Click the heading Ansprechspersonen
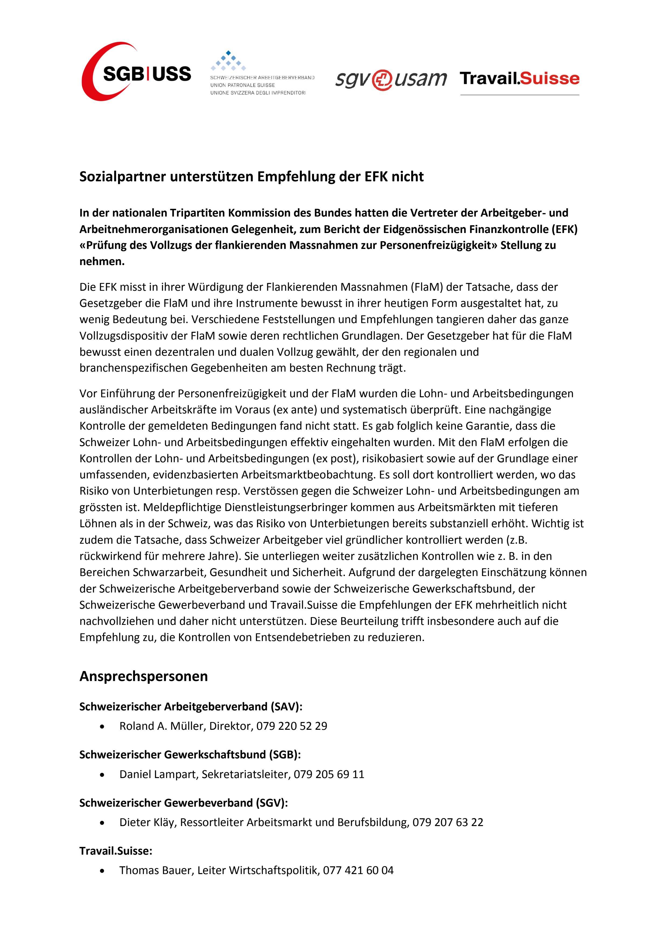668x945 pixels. point(144,676)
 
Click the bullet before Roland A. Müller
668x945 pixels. point(102,727)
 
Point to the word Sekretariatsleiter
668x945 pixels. point(245,774)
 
